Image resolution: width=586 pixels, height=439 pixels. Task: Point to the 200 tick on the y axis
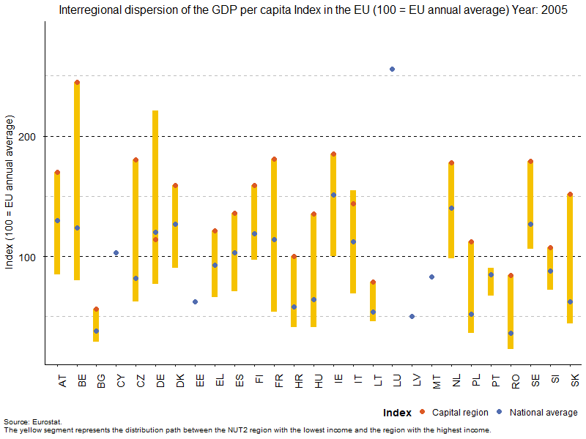point(31,137)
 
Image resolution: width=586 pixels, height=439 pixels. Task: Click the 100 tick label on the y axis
point(31,257)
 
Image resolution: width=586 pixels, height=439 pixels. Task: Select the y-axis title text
point(10,192)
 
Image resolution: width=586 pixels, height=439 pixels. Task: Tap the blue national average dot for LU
point(392,70)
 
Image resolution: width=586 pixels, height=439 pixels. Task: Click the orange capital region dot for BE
point(77,83)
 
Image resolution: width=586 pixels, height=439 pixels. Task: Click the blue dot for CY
point(116,253)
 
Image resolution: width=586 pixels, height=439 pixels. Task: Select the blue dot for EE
point(195,301)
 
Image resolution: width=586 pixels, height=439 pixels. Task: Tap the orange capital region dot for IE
point(333,154)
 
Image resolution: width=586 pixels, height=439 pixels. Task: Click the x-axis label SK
point(575,380)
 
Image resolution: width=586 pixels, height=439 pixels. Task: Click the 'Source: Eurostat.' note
point(33,422)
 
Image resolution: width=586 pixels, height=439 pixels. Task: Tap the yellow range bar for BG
point(96,326)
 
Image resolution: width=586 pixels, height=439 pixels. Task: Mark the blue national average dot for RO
point(511,333)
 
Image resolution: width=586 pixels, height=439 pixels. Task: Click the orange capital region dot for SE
point(530,162)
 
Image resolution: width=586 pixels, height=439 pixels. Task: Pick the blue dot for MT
point(431,277)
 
